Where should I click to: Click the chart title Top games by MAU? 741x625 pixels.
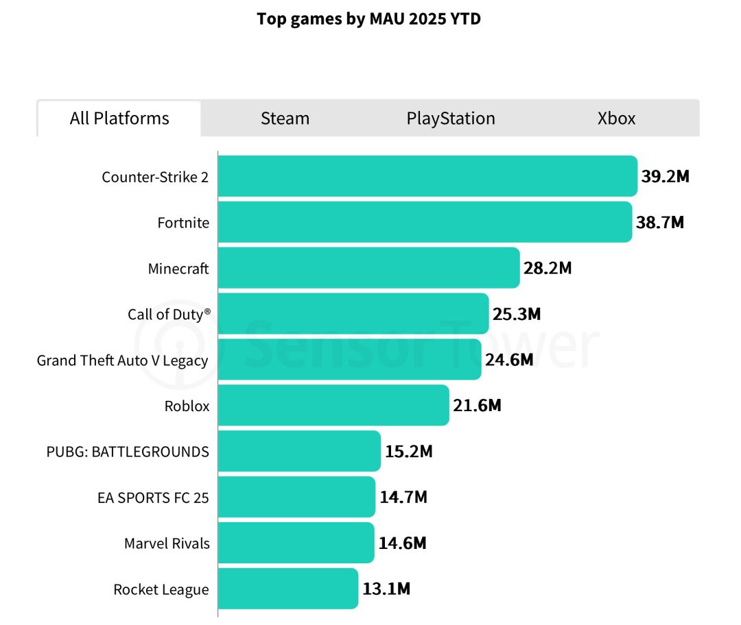pyautogui.click(x=368, y=19)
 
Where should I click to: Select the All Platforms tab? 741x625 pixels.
pyautogui.click(x=119, y=119)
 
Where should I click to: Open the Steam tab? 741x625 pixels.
pyautogui.click(x=285, y=119)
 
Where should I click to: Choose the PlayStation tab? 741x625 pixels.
pyautogui.click(x=451, y=119)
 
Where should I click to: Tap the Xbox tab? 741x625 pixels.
pyautogui.click(x=616, y=119)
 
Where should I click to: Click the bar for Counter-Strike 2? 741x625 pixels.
pyautogui.click(x=427, y=176)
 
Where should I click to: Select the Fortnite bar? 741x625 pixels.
pyautogui.click(x=425, y=222)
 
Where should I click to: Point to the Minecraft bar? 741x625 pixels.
pyautogui.click(x=368, y=268)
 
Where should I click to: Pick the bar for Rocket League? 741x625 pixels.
pyautogui.click(x=288, y=589)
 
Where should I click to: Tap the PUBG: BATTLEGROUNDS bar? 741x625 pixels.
pyautogui.click(x=299, y=451)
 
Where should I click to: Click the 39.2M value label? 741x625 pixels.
pyautogui.click(x=665, y=176)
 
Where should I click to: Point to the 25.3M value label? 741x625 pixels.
pyautogui.click(x=516, y=314)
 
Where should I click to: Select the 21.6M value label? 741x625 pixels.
pyautogui.click(x=477, y=406)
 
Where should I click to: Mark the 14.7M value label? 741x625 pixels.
pyautogui.click(x=403, y=497)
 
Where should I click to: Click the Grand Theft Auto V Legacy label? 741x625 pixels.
pyautogui.click(x=122, y=360)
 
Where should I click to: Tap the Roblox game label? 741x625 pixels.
pyautogui.click(x=187, y=406)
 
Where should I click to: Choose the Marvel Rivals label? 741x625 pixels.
pyautogui.click(x=167, y=543)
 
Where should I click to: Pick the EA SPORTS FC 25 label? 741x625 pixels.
pyautogui.click(x=153, y=498)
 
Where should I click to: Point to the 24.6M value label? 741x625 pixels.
pyautogui.click(x=508, y=360)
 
